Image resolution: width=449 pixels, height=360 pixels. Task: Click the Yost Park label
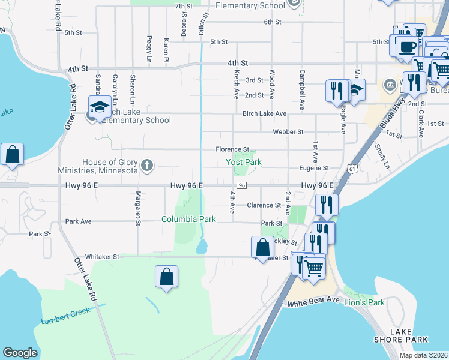point(244,162)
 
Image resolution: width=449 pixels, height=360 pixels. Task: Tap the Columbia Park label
point(188,219)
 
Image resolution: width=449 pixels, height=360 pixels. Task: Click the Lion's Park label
point(364,302)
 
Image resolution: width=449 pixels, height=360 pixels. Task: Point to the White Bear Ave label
point(313,304)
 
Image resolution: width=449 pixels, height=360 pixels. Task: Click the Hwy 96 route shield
point(241,186)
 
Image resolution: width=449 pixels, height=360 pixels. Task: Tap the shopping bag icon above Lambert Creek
point(167,277)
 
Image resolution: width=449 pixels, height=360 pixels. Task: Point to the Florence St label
point(233,149)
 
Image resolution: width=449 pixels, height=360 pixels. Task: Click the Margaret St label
point(138,208)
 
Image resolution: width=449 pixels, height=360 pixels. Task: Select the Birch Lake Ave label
point(264,113)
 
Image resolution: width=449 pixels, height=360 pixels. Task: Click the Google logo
point(20,353)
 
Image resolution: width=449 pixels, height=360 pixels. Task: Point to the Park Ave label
point(79,221)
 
